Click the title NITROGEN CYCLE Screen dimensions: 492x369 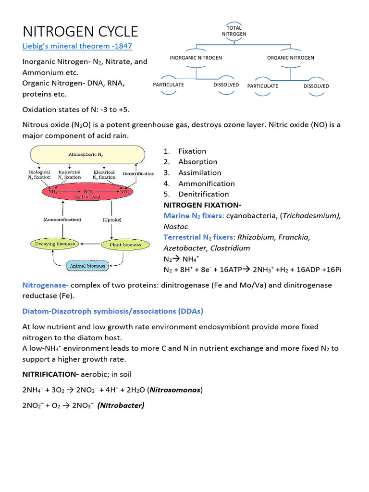80,32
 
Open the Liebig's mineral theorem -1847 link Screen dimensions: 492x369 77,46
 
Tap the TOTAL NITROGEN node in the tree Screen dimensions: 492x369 234,31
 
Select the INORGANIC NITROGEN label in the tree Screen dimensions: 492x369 196,58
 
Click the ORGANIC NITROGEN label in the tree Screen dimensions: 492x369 290,58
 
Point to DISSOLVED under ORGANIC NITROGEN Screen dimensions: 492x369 316,86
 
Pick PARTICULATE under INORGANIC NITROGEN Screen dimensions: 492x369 168,85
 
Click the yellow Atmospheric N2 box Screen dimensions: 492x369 86,155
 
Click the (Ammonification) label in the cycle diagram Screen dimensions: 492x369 62,219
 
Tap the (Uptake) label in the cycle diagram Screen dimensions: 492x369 112,219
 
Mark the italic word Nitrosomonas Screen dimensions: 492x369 175,390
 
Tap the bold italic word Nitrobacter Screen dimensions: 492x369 121,406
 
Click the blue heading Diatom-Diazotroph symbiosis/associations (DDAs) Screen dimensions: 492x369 112,311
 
